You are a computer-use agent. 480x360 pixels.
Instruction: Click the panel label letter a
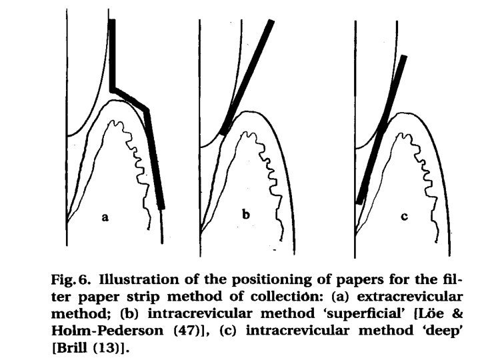coord(105,217)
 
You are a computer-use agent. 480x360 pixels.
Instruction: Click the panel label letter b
coord(245,215)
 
